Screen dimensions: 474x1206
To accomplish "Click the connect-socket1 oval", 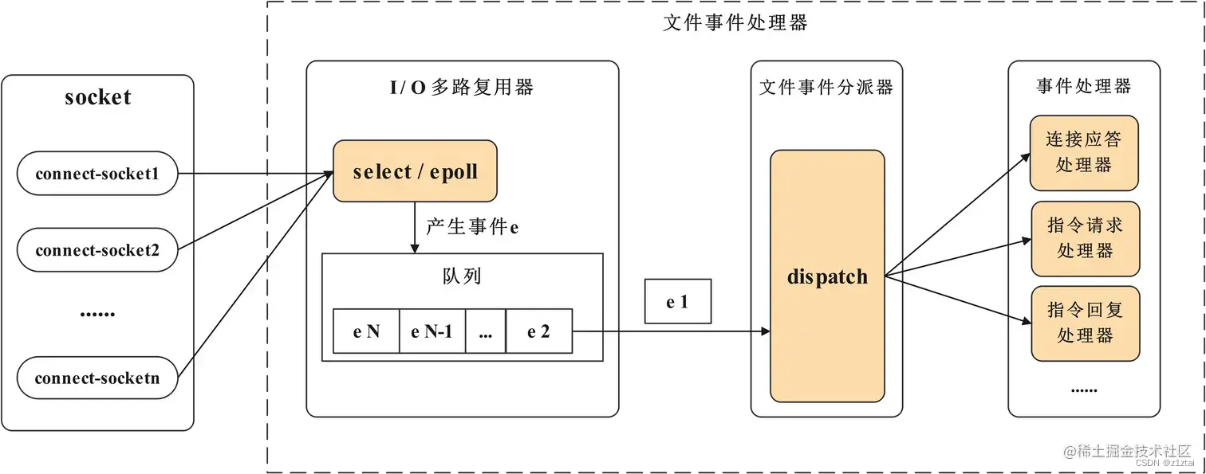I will [x=97, y=174].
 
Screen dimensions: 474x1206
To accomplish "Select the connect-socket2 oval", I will [x=97, y=250].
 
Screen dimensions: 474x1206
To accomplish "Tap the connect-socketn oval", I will [x=97, y=378].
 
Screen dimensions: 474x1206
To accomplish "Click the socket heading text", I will [x=97, y=98].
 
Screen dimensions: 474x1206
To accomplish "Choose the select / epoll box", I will [x=415, y=171].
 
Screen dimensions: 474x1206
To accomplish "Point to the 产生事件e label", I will [x=472, y=227].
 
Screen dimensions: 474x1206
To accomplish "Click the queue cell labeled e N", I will [x=366, y=331].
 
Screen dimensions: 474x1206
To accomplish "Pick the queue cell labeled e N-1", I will [x=432, y=331].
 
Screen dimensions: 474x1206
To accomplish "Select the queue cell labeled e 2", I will [x=539, y=331].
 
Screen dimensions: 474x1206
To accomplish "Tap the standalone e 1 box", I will [x=677, y=301].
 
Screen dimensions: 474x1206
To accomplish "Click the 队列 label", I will [x=462, y=276].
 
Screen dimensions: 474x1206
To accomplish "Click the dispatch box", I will [x=827, y=276].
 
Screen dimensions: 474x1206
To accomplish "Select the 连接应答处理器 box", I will [x=1084, y=153].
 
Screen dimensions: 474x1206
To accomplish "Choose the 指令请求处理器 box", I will [x=1085, y=238].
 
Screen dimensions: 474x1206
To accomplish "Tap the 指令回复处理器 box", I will [x=1085, y=323].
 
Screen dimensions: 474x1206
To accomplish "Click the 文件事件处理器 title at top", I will [x=735, y=23].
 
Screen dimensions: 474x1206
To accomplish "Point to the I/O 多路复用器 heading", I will [x=461, y=88].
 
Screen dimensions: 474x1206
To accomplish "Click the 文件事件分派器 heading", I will [x=826, y=88].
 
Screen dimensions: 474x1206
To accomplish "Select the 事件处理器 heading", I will [x=1084, y=86].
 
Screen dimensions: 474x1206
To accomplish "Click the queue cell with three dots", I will [x=486, y=331].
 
